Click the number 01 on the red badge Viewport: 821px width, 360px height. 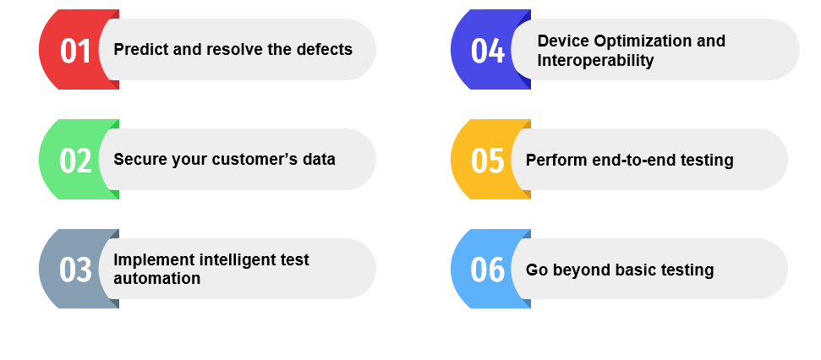point(75,51)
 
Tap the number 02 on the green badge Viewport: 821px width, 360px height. point(75,161)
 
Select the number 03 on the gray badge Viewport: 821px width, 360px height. point(75,270)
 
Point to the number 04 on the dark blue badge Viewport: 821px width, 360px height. point(488,51)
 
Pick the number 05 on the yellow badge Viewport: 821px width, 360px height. point(488,161)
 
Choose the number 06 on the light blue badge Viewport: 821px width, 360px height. point(488,270)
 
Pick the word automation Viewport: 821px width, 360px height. point(157,278)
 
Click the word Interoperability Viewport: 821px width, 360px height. point(595,60)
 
